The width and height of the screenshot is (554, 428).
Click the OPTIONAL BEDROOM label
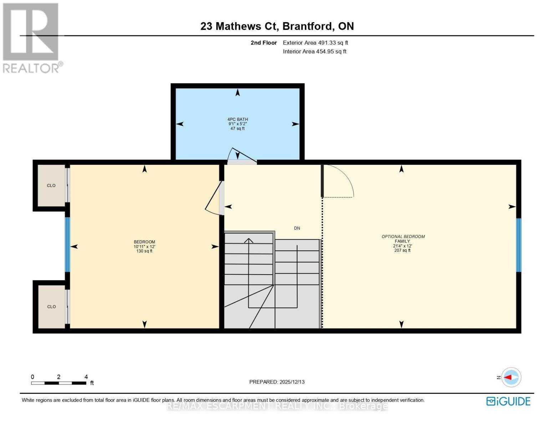[403, 236]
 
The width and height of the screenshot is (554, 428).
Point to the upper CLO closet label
[51, 185]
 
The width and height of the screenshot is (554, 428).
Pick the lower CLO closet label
[51, 307]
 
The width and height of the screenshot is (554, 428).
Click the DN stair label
[297, 228]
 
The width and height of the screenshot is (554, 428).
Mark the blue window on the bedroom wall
[67, 245]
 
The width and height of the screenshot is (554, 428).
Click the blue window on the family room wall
[519, 245]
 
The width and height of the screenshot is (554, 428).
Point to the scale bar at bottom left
[59, 383]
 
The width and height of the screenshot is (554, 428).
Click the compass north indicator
[511, 377]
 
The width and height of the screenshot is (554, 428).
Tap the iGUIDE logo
[508, 401]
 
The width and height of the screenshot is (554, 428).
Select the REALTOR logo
[31, 37]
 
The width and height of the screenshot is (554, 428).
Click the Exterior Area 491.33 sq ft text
[315, 43]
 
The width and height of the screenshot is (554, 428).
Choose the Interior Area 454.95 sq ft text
[315, 51]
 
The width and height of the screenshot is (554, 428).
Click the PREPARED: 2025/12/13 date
[277, 382]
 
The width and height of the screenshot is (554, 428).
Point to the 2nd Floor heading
[264, 43]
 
